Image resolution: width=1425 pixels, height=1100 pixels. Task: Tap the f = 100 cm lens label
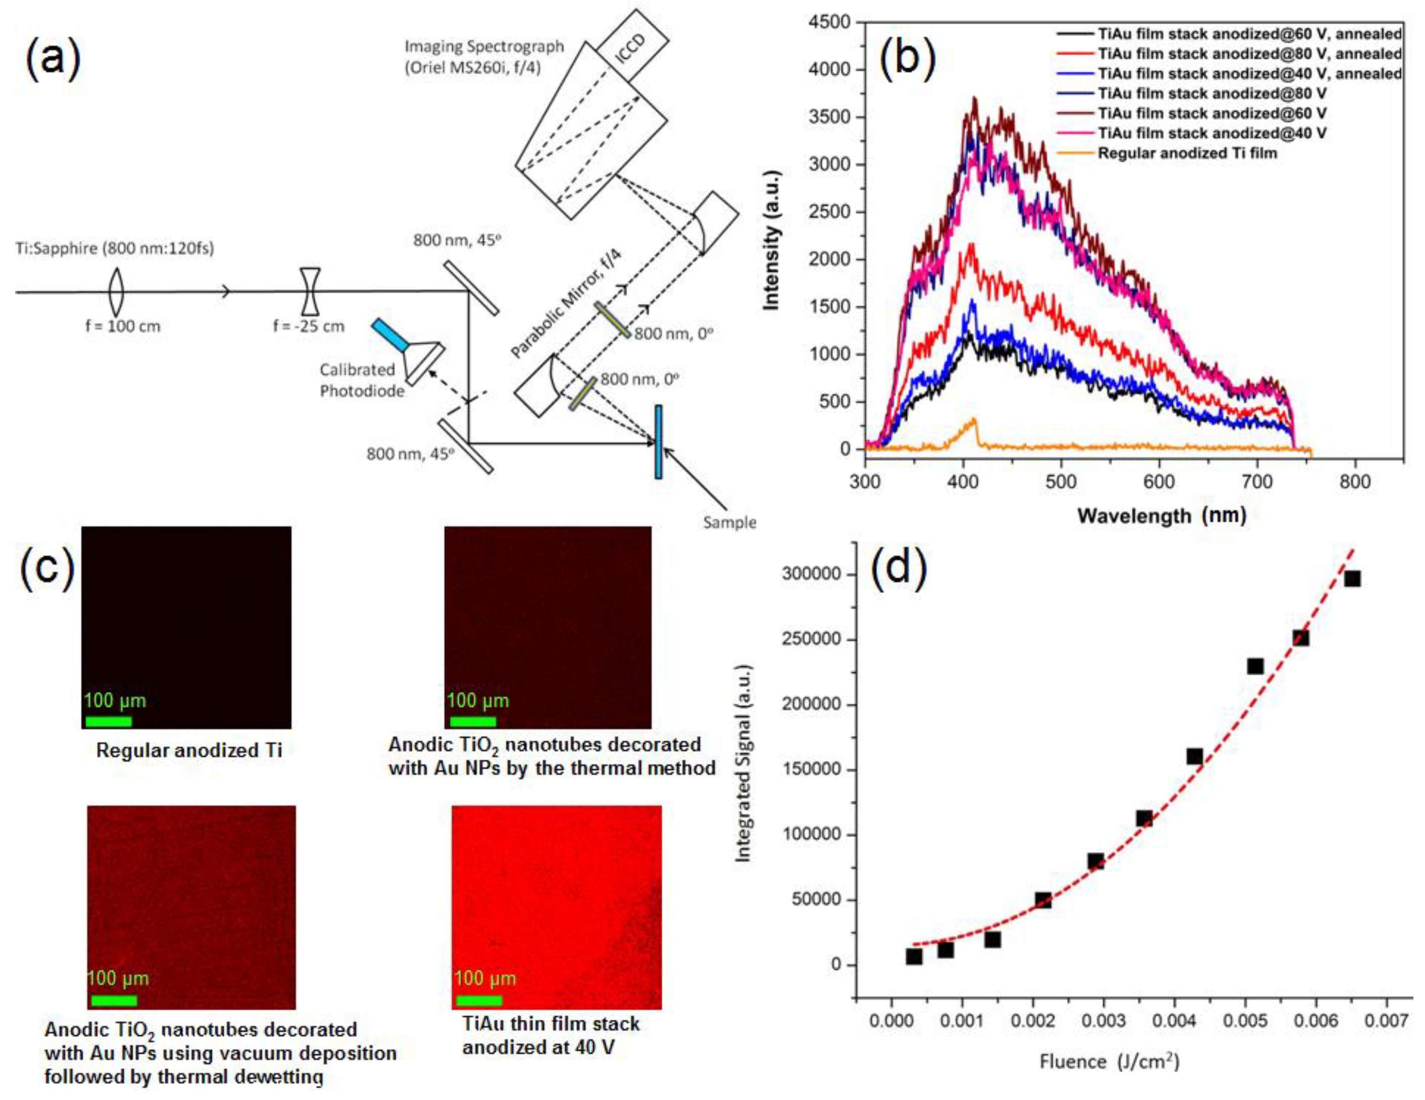click(123, 326)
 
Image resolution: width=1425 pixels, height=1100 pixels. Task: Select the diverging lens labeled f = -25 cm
click(310, 291)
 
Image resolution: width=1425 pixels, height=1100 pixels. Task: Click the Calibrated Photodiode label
click(361, 380)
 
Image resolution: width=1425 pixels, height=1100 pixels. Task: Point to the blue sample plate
click(658, 442)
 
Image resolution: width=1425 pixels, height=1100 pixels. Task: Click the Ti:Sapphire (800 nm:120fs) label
click(115, 248)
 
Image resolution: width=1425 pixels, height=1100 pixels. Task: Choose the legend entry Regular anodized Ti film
click(1187, 153)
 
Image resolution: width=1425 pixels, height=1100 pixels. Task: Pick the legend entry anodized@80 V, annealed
click(1249, 54)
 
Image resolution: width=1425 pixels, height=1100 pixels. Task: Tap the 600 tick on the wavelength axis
click(1159, 483)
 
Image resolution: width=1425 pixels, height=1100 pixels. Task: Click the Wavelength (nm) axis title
click(1161, 516)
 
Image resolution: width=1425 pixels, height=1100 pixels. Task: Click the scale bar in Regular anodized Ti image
click(108, 721)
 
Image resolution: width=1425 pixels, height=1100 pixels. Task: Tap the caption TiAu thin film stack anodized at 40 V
click(551, 1035)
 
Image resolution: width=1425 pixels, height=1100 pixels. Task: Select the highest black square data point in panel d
click(1353, 579)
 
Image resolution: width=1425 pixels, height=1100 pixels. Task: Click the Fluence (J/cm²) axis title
click(1109, 1062)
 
